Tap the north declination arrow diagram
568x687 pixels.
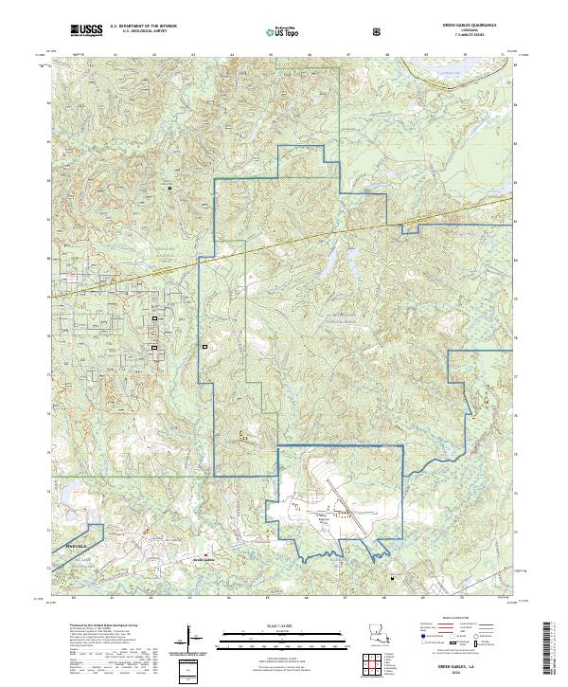click(190, 633)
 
